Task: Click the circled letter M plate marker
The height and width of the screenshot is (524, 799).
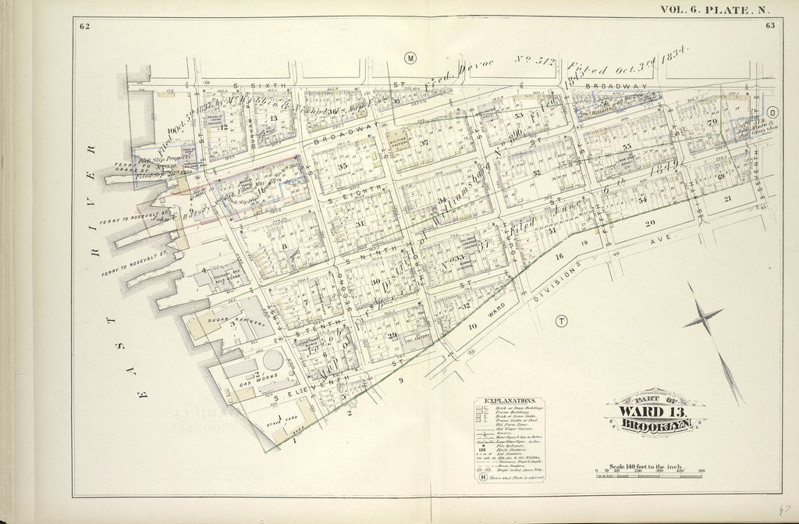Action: [x=410, y=59]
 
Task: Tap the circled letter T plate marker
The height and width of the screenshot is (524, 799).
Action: [x=561, y=321]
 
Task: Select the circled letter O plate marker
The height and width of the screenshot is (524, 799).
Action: [x=774, y=112]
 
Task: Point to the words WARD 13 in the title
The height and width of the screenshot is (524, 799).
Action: [x=654, y=412]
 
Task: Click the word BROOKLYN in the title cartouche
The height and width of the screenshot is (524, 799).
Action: [x=654, y=426]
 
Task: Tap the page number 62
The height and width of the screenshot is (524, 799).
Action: [x=84, y=27]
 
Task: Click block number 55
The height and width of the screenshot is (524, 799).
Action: [x=627, y=146]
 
